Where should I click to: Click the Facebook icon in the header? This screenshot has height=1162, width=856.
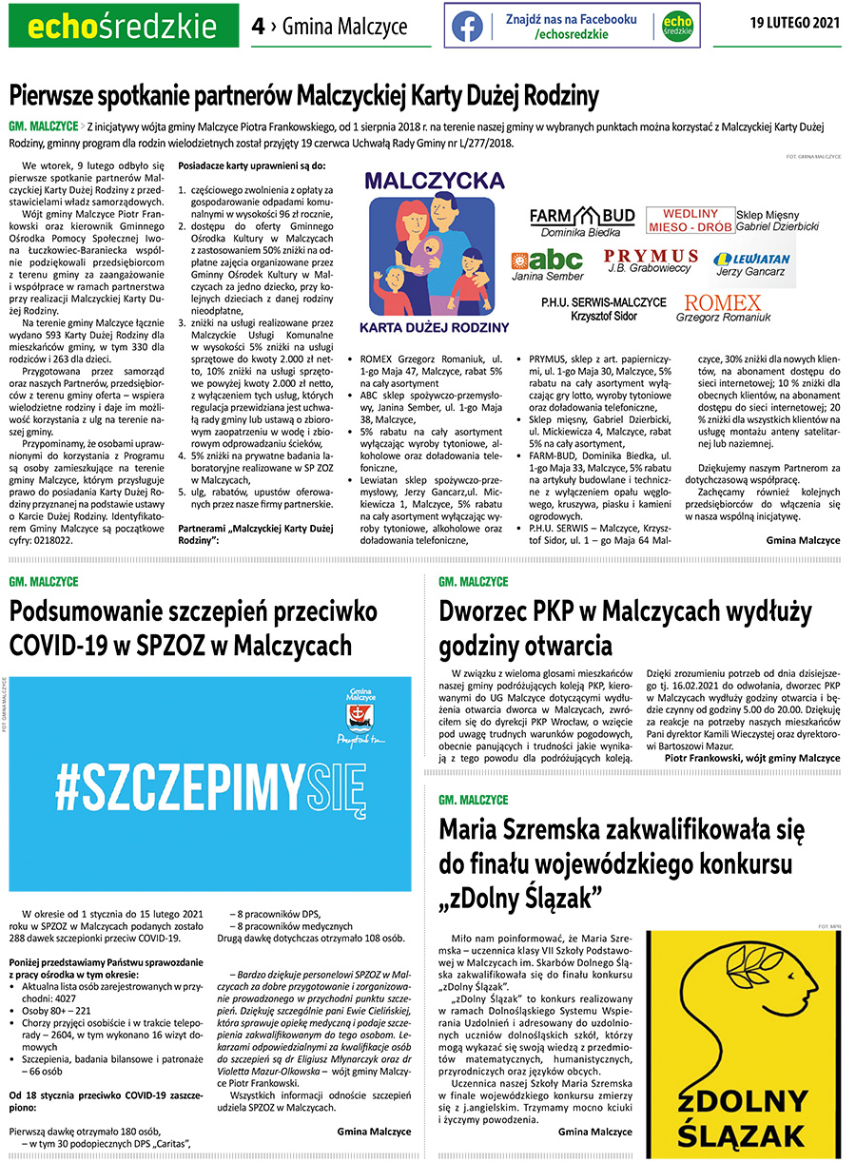pos(467,26)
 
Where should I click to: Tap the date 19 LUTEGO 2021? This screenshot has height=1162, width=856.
pos(794,22)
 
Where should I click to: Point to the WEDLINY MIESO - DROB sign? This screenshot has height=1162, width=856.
pos(690,221)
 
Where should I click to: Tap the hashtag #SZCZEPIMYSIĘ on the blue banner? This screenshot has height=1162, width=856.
pos(210,786)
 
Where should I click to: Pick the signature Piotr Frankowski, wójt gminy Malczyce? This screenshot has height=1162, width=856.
pos(752,758)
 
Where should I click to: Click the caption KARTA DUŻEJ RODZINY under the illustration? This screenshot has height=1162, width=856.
pos(435,327)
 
